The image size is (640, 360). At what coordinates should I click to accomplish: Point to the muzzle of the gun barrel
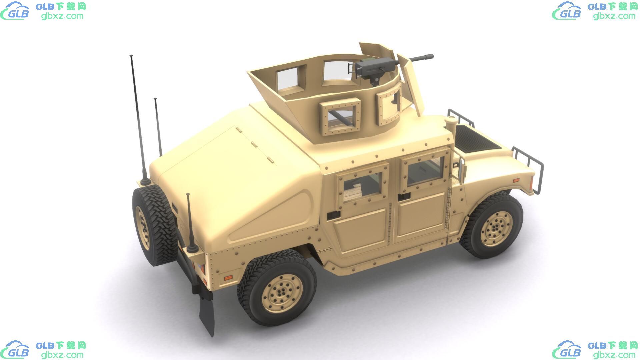pos(431,56)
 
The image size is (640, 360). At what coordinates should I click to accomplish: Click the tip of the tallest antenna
pos(131,55)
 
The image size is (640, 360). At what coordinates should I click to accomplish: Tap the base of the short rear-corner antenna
pos(192,249)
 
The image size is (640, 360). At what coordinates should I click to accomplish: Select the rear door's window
pos(362,187)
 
